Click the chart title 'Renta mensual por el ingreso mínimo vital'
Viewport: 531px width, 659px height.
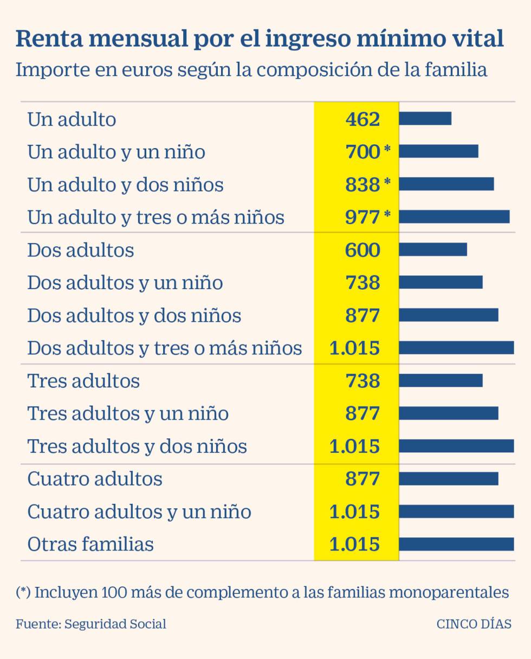pyautogui.click(x=260, y=39)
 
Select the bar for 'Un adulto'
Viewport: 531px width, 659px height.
pyautogui.click(x=425, y=118)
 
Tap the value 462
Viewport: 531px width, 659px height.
pyautogui.click(x=362, y=119)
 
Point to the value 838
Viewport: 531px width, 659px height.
pyautogui.click(x=362, y=184)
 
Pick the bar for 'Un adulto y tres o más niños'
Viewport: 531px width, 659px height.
pyautogui.click(x=454, y=217)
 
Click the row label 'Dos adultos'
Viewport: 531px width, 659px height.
pyautogui.click(x=80, y=250)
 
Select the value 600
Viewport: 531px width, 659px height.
pyautogui.click(x=362, y=250)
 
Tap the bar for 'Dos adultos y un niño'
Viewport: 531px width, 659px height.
pyautogui.click(x=441, y=283)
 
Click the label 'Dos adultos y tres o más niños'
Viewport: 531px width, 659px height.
pyautogui.click(x=164, y=348)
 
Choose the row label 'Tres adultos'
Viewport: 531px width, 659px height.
pyautogui.click(x=83, y=381)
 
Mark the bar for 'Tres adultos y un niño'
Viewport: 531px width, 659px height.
pyautogui.click(x=448, y=413)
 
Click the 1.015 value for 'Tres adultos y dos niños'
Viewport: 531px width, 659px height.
pyautogui.click(x=354, y=446)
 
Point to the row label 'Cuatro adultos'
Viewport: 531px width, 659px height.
pyautogui.click(x=95, y=479)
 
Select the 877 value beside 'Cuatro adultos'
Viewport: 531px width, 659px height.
pyautogui.click(x=362, y=479)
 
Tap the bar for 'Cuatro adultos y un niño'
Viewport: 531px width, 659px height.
pyautogui.click(x=456, y=511)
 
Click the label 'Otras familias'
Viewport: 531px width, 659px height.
pyautogui.click(x=90, y=544)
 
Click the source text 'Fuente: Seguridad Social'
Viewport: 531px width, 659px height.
pyautogui.click(x=91, y=624)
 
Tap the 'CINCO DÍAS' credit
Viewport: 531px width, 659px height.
pyautogui.click(x=474, y=624)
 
